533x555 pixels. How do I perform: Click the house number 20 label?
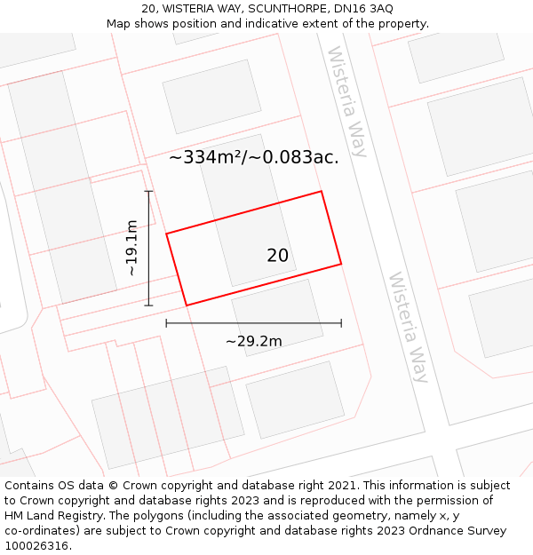pos(277,256)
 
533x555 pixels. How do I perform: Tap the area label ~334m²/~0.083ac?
pos(253,157)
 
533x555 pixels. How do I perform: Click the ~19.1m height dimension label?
pos(131,249)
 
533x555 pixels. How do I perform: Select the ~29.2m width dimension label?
pos(253,341)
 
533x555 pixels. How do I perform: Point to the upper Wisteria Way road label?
pos(347,101)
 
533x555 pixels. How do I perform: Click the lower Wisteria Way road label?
pos(409,327)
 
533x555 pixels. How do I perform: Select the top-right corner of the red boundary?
pos(321,191)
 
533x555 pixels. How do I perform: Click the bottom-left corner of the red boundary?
pos(187,305)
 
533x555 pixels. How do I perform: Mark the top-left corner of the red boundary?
pos(166,234)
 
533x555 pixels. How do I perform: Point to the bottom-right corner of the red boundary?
pos(341,264)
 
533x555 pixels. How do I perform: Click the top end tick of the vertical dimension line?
pos(149,191)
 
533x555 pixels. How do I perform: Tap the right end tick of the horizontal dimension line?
pos(341,323)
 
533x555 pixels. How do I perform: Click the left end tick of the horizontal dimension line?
pos(166,323)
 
